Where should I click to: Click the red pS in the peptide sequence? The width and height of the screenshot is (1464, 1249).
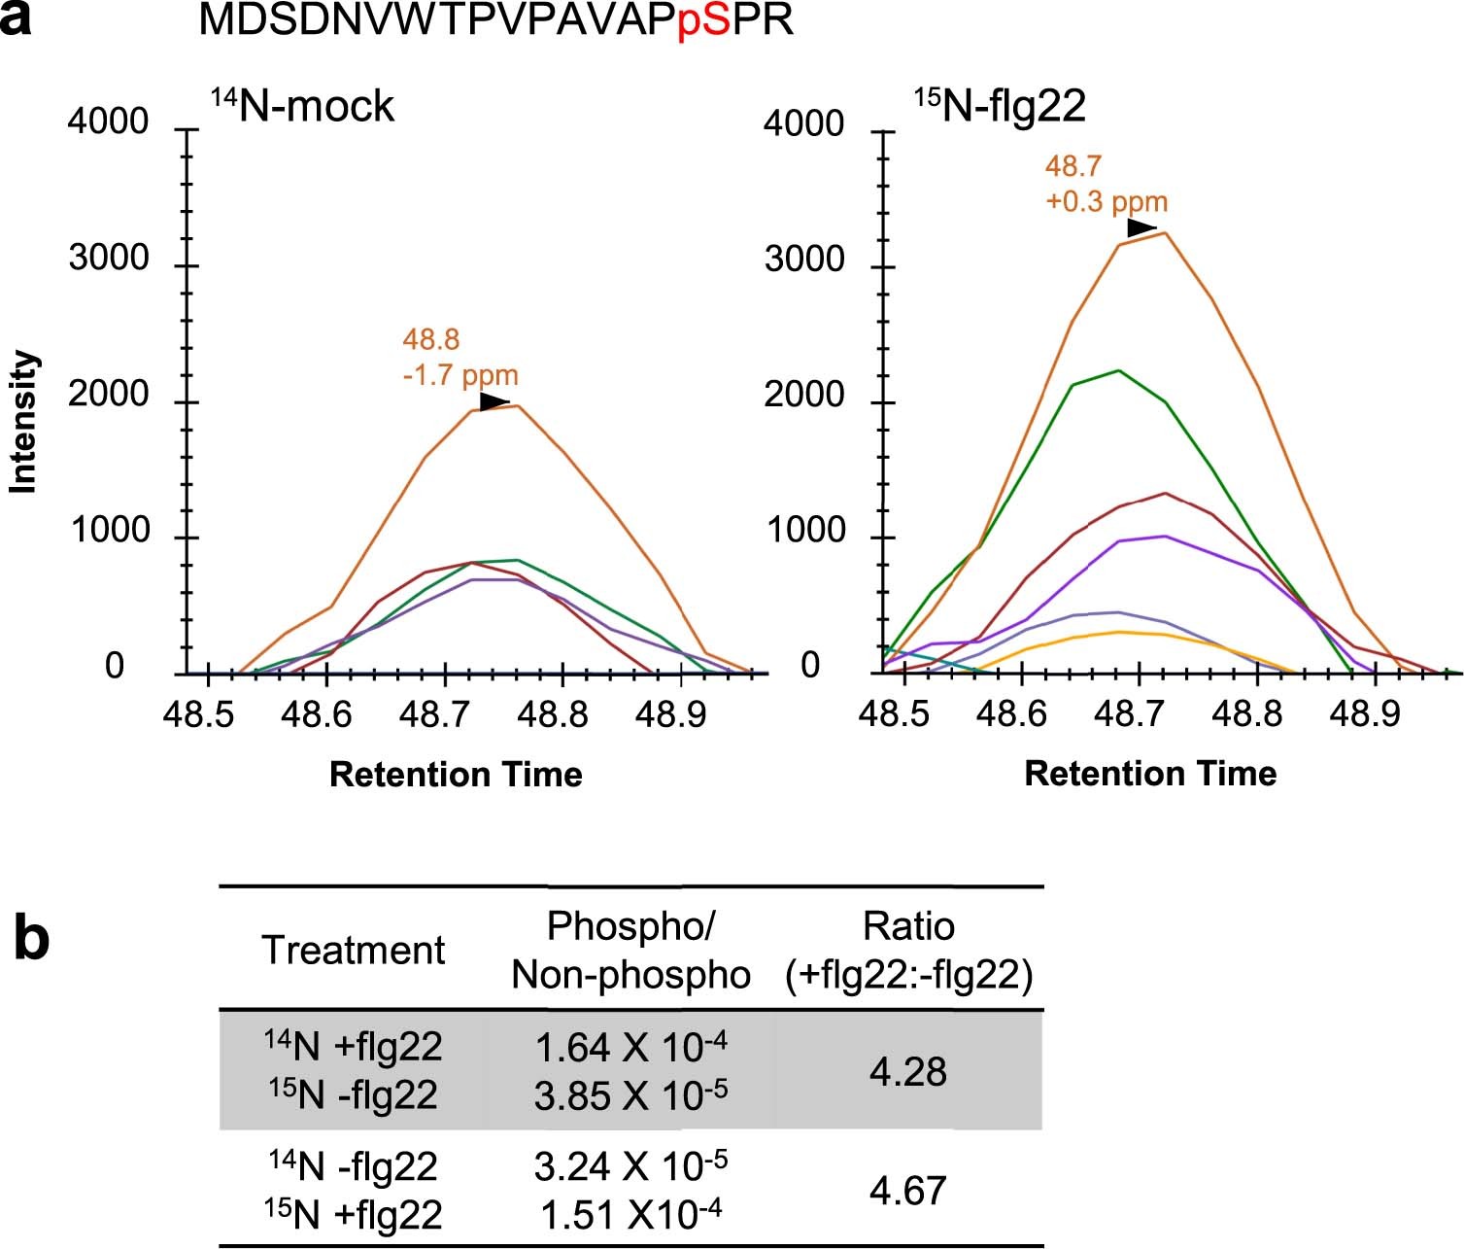[x=704, y=20]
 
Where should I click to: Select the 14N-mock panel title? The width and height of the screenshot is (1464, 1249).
[x=302, y=105]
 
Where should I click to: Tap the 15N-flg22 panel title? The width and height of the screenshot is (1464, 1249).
[x=1001, y=105]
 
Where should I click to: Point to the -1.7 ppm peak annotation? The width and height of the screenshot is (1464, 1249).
[x=460, y=375]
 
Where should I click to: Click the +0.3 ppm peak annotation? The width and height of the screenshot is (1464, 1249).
[x=1107, y=202]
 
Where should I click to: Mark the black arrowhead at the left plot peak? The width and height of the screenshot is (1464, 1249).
[x=494, y=402]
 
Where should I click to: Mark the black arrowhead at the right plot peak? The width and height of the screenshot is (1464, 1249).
[x=1141, y=228]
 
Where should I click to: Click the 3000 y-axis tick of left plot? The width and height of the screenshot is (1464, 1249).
[x=111, y=259]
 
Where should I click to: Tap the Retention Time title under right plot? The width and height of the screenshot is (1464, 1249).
[x=1150, y=774]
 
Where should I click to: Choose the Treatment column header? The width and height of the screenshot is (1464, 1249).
[x=353, y=950]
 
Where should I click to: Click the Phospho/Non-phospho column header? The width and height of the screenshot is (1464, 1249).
[x=631, y=951]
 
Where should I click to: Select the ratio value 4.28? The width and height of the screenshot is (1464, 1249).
[x=908, y=1071]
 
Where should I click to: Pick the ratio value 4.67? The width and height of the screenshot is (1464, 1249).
[x=908, y=1190]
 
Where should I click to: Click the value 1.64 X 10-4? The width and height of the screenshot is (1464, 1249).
[x=631, y=1047]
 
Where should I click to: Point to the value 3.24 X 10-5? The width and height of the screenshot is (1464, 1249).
[x=631, y=1164]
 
